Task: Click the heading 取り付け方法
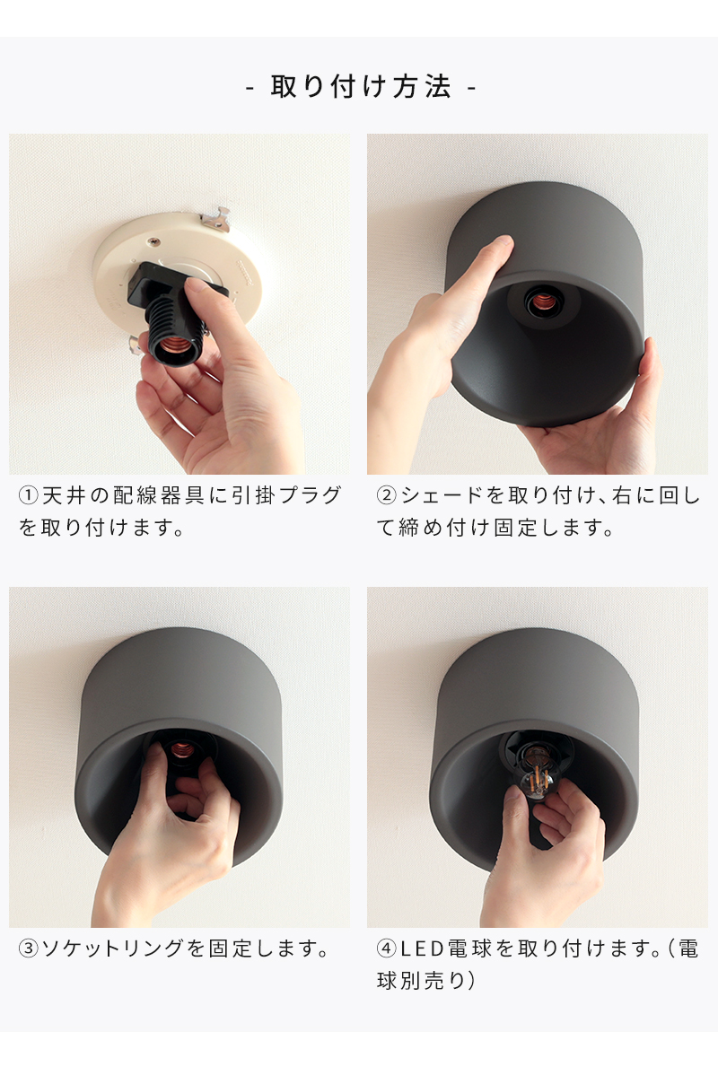361,88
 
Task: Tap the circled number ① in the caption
28,496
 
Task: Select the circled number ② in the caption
386,496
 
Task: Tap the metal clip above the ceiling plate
217,218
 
